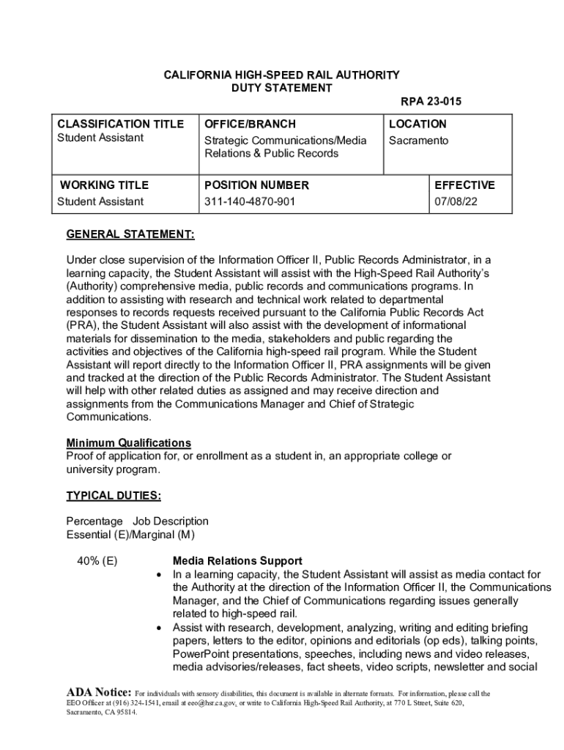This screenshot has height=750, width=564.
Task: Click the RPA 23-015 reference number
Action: tap(431, 102)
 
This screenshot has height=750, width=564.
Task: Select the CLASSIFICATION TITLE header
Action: tap(121, 124)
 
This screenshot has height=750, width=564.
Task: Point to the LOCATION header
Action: tap(418, 124)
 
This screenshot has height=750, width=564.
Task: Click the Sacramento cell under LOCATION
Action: tap(418, 140)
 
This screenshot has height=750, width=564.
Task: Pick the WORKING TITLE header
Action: tap(104, 185)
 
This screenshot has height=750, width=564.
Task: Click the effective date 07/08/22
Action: tap(456, 201)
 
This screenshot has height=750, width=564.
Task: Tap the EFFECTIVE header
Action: tap(464, 185)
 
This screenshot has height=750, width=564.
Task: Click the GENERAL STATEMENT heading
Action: tap(130, 235)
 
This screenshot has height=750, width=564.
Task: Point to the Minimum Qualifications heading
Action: tap(129, 443)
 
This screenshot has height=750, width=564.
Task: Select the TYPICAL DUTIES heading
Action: tap(114, 496)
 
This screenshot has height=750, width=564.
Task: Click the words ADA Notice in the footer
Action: tap(99, 692)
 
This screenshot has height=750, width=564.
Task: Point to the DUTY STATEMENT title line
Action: tap(282, 88)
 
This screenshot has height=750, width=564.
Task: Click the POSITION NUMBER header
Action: tap(256, 185)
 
